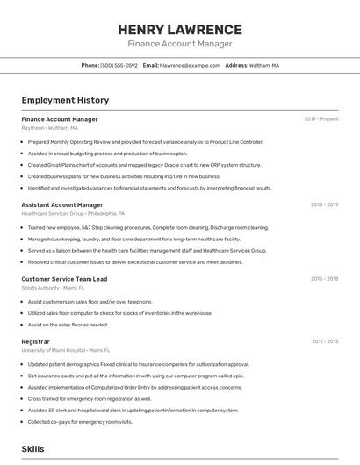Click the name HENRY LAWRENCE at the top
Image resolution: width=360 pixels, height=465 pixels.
(x=180, y=29)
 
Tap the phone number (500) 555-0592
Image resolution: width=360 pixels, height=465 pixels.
(x=119, y=65)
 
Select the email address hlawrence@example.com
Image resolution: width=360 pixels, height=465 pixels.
(x=189, y=65)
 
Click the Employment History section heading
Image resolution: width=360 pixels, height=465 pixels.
(x=65, y=100)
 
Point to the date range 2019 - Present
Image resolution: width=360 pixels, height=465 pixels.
(x=321, y=118)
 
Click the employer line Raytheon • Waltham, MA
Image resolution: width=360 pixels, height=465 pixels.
(x=49, y=128)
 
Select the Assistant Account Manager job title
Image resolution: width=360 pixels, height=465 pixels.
(x=68, y=204)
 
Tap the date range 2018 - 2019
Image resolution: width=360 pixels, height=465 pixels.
(x=324, y=204)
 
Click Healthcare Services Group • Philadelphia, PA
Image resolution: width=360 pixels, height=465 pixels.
(x=73, y=213)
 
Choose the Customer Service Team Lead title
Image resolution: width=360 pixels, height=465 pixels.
(x=64, y=279)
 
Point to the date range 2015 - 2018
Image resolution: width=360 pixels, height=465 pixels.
(x=324, y=279)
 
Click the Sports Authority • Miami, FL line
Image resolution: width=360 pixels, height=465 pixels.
(x=53, y=288)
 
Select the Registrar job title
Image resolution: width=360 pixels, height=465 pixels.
(x=36, y=341)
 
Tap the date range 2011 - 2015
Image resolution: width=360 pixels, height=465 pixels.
(x=325, y=341)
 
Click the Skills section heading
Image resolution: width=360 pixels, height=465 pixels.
(x=32, y=449)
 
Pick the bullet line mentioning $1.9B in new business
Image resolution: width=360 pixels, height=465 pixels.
(x=124, y=176)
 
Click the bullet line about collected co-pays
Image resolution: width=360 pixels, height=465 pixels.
(x=80, y=422)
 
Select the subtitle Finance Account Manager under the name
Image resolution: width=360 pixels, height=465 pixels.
(x=180, y=44)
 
